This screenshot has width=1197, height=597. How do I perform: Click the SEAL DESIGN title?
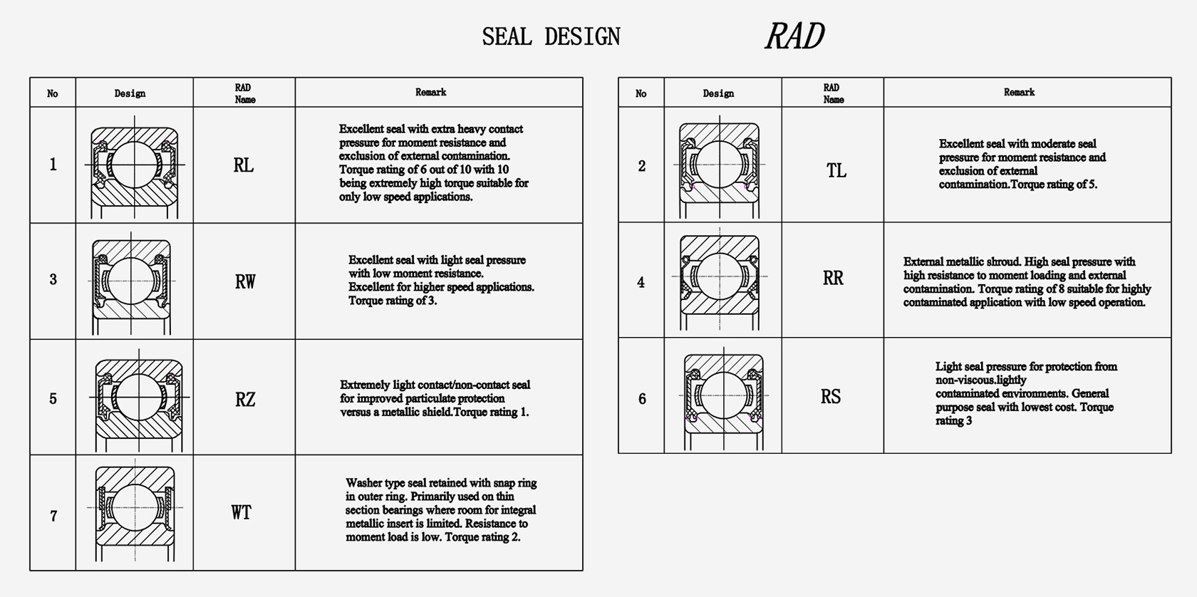551,37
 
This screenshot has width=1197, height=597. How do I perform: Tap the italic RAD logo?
794,36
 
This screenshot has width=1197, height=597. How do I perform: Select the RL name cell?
244,165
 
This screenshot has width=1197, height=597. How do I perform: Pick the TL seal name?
836,170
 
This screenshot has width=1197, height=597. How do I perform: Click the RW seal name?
245,281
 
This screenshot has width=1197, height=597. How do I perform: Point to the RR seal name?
833,278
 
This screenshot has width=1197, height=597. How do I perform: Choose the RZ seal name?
245,399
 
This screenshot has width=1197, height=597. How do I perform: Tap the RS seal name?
831,397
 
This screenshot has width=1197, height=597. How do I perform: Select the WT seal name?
242,512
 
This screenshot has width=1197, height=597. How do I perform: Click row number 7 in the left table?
53,516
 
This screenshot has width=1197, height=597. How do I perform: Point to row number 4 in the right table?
641,282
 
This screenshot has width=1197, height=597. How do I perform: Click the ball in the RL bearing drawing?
134,165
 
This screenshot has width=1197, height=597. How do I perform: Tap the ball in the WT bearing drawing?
135,507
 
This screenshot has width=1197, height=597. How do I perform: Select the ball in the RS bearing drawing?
724,395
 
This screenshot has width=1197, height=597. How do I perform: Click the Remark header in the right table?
1019,92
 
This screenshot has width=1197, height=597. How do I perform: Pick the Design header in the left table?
130,93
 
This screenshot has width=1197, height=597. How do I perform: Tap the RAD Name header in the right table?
833,93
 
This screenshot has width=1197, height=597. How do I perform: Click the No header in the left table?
53,93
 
